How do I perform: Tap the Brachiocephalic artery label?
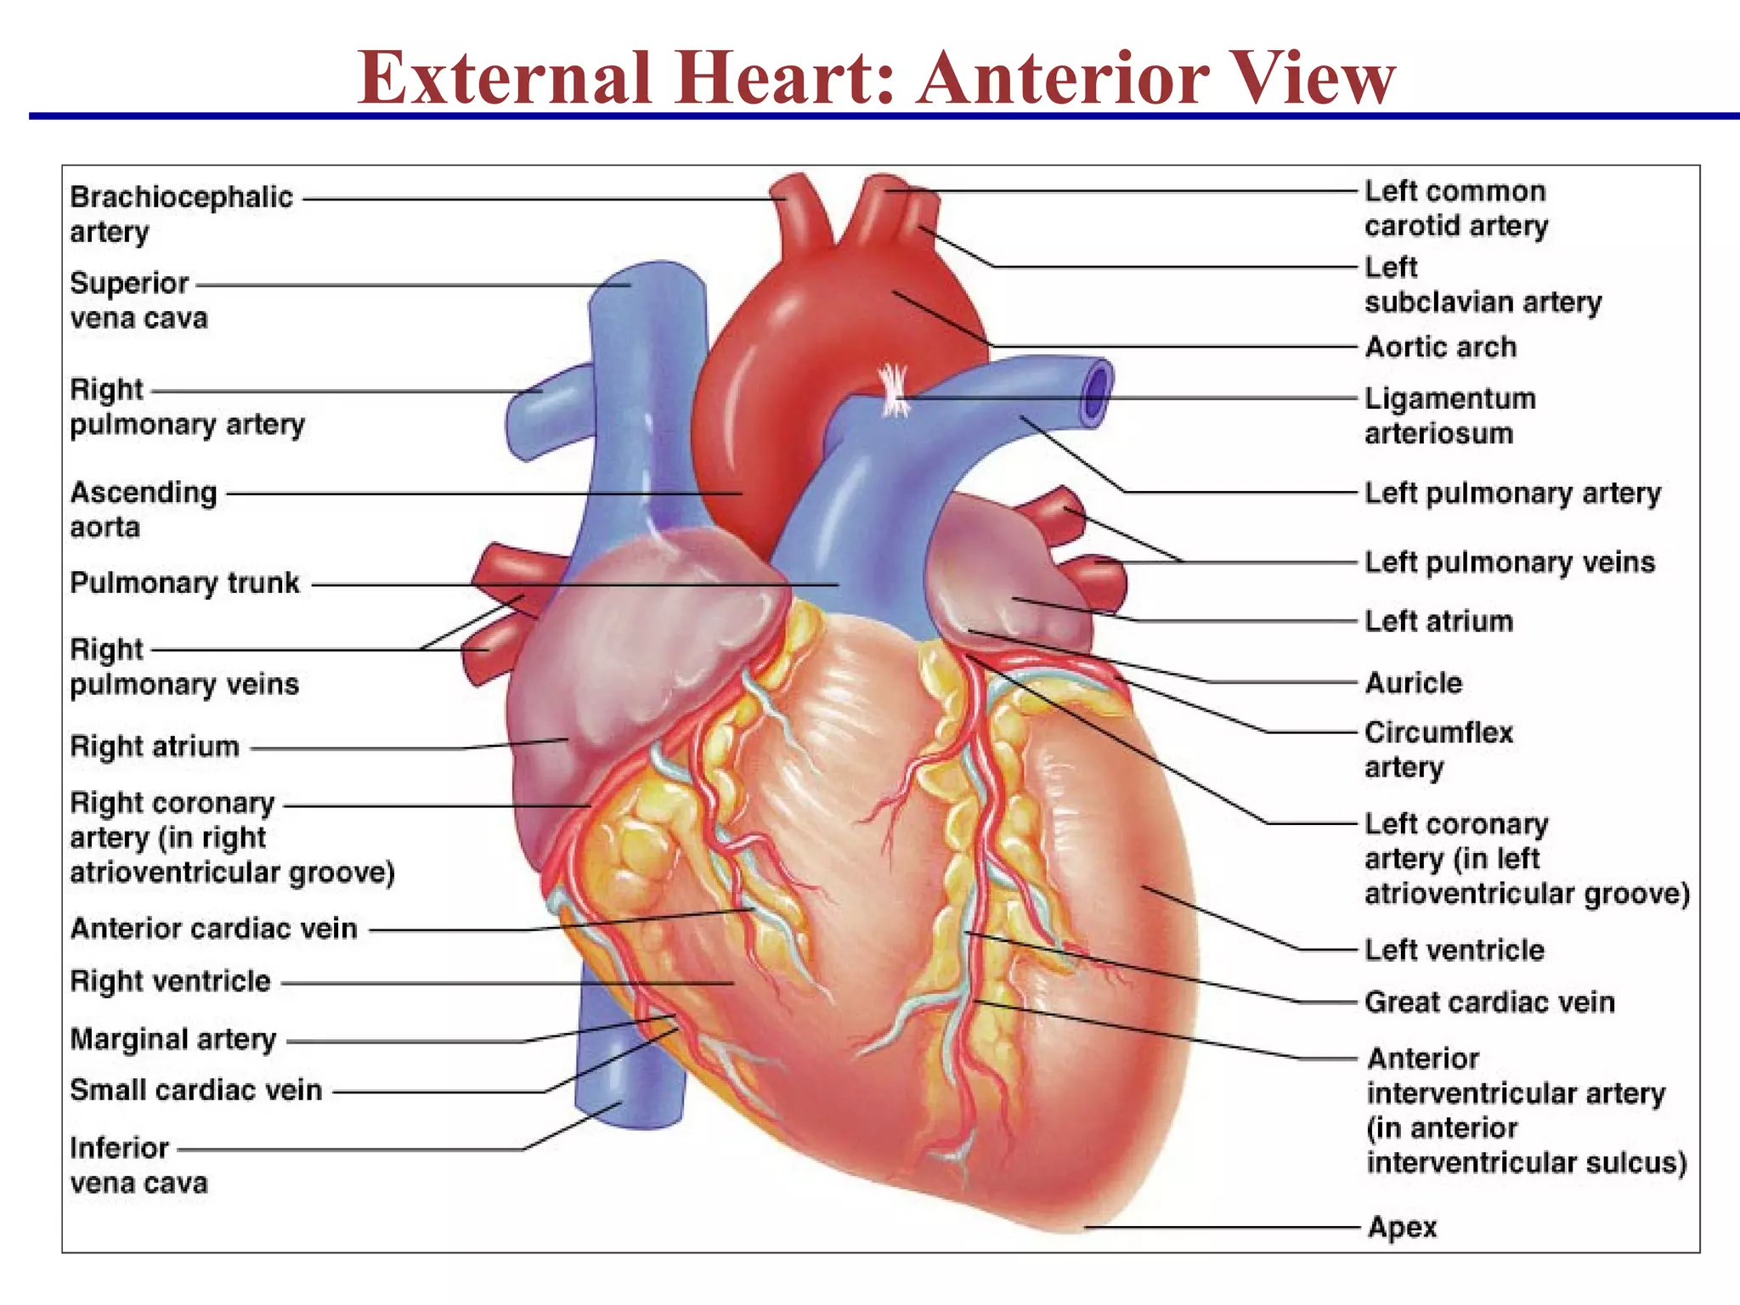tap(181, 213)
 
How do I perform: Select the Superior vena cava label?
tap(138, 300)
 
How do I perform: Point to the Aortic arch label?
tap(1440, 347)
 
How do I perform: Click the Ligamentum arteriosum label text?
tap(1449, 415)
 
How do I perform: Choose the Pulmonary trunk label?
tap(184, 583)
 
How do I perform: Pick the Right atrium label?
tap(155, 746)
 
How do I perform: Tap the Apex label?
tap(1402, 1227)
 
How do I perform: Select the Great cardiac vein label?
tap(1489, 1002)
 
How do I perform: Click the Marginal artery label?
tap(173, 1039)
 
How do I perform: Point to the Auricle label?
tap(1413, 682)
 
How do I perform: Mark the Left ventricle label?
tap(1454, 950)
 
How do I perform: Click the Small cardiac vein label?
tap(196, 1090)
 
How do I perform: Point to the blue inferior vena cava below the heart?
tap(629, 1079)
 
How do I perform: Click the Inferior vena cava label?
tap(138, 1165)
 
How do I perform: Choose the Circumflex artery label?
tap(1438, 749)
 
